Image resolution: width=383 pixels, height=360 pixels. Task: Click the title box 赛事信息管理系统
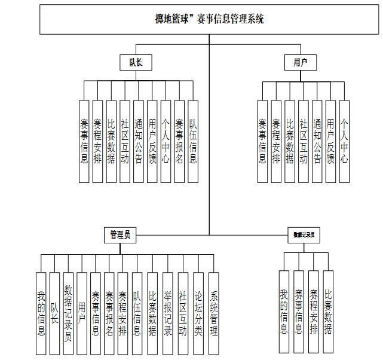pyautogui.click(x=209, y=19)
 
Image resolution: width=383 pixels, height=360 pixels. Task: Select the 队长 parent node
pyautogui.click(x=136, y=62)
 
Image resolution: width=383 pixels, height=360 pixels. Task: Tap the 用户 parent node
pyautogui.click(x=301, y=62)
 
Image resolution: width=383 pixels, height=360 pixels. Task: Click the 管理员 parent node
pyautogui.click(x=120, y=235)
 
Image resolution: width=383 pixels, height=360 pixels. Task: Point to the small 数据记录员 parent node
pyautogui.click(x=304, y=235)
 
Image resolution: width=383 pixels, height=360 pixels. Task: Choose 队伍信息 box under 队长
pyautogui.click(x=192, y=141)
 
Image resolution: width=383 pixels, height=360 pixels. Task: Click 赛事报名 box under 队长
pyautogui.click(x=179, y=141)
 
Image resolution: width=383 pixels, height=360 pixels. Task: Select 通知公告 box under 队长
pyautogui.click(x=138, y=141)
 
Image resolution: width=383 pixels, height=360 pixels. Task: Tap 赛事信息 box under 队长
pyautogui.click(x=84, y=141)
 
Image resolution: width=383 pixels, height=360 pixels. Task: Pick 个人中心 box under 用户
pyautogui.click(x=344, y=141)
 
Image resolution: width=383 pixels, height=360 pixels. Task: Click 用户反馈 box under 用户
pyautogui.click(x=330, y=141)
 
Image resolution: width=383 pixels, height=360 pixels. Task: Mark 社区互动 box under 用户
pyautogui.click(x=303, y=141)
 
